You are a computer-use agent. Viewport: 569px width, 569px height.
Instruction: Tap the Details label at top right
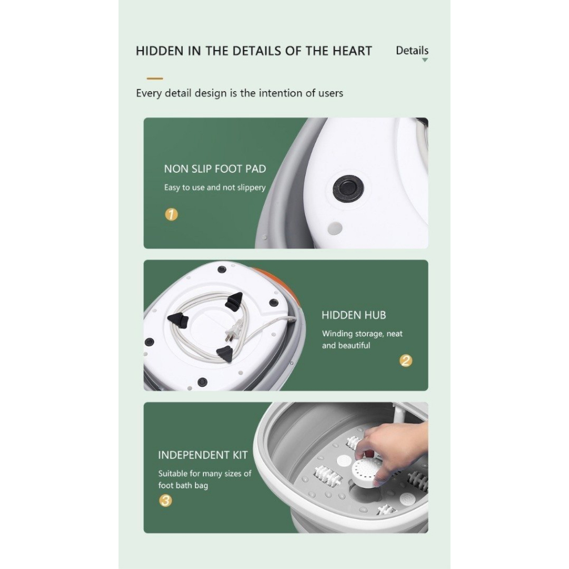coord(412,51)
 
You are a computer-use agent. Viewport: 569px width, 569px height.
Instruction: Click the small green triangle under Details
coord(425,60)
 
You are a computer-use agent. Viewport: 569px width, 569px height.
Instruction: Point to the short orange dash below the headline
coord(155,78)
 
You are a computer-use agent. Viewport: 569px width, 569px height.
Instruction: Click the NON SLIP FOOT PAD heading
coord(215,169)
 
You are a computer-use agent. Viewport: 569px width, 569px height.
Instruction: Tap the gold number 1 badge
coord(172,214)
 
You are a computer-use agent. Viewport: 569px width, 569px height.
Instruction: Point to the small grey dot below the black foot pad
coord(335,228)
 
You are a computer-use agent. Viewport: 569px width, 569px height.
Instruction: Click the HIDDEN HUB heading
coord(354,315)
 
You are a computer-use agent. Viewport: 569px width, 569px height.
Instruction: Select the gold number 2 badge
coord(406,360)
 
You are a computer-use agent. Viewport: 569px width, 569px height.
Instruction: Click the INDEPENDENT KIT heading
coord(203,455)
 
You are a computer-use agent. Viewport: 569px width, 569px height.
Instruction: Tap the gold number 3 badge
coord(166,501)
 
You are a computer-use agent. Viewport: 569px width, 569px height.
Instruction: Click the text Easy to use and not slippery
coord(215,187)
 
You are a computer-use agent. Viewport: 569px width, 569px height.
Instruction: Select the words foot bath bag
coord(183,485)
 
